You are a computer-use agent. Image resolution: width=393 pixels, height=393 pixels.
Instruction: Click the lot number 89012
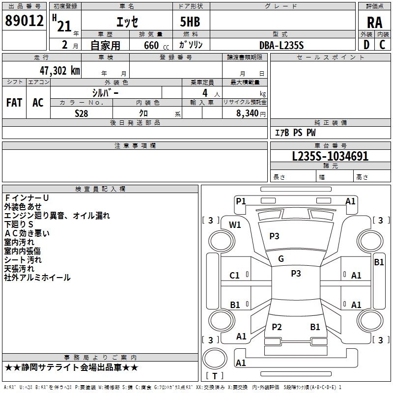click(x=24, y=21)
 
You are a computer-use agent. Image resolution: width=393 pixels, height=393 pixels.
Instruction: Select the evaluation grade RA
click(x=374, y=23)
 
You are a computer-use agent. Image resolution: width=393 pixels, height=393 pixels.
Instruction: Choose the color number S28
click(x=82, y=113)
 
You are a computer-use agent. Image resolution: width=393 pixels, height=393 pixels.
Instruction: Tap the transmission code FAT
click(x=14, y=103)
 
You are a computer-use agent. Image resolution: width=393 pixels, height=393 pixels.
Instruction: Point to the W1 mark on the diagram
click(x=235, y=225)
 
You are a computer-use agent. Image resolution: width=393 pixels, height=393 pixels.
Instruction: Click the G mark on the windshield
click(x=281, y=259)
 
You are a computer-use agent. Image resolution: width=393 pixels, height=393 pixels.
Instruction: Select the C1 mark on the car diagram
click(x=235, y=276)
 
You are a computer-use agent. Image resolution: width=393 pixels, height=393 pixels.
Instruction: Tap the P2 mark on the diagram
click(x=277, y=327)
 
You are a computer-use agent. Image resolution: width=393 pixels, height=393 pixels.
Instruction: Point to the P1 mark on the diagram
click(x=241, y=201)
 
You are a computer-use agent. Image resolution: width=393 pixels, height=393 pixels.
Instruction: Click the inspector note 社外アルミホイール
click(x=37, y=278)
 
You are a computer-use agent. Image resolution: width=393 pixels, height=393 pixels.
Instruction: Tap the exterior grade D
click(x=366, y=45)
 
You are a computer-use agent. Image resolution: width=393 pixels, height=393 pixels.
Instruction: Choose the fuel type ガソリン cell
click(x=191, y=45)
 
